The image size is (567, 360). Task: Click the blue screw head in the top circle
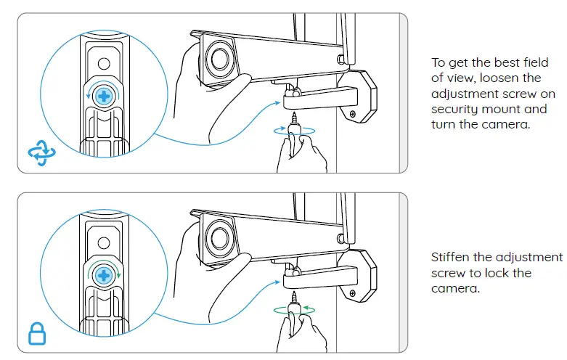[x=105, y=96]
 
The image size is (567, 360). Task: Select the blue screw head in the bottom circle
[x=105, y=275]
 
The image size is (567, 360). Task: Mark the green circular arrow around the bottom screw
[x=89, y=275]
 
